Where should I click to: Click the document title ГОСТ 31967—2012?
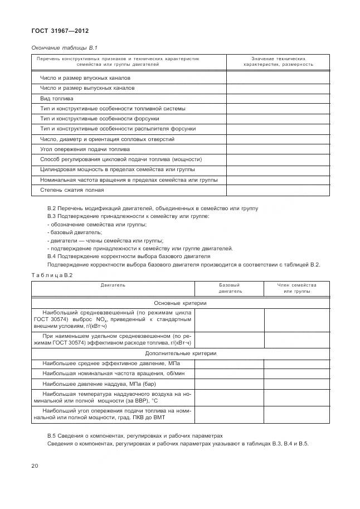pyautogui.click(x=60, y=30)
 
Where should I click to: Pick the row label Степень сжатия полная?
pyautogui.click(x=72, y=190)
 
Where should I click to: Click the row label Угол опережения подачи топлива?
pyautogui.click(x=85, y=149)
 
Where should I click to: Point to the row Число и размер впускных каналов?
pyautogui.click(x=85, y=78)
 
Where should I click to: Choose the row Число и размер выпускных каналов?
pyautogui.click(x=87, y=88)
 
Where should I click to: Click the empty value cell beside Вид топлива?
pyautogui.click(x=278, y=99)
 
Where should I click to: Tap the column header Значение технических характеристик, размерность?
pyautogui.click(x=278, y=61)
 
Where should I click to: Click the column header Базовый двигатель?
pyautogui.click(x=230, y=288)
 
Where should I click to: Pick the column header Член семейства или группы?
pyautogui.click(x=296, y=288)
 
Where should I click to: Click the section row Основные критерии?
pyautogui.click(x=180, y=303)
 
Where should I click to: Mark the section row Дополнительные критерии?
pyautogui.click(x=180, y=353)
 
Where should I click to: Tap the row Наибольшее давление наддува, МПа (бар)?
pyautogui.click(x=99, y=384)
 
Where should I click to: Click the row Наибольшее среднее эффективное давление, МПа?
pyautogui.click(x=111, y=363)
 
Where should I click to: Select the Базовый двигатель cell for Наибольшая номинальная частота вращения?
pyautogui.click(x=230, y=374)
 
